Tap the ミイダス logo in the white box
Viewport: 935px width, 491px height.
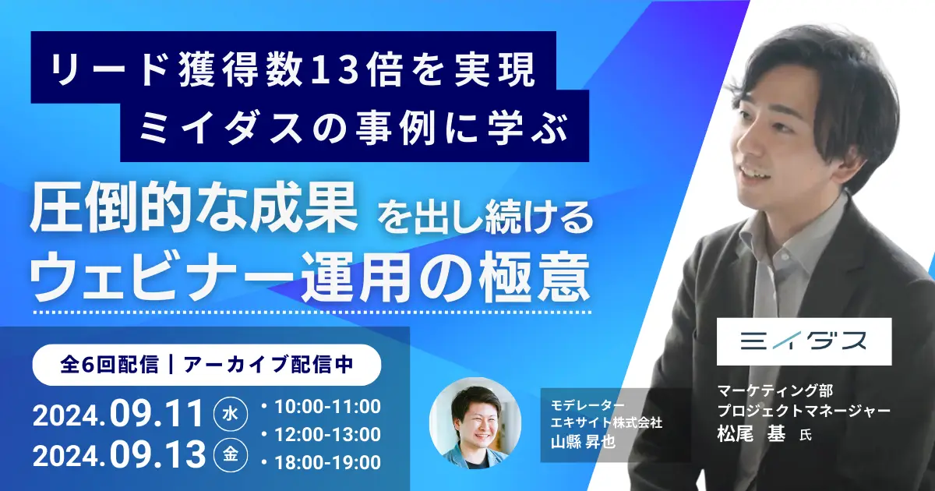click(x=803, y=341)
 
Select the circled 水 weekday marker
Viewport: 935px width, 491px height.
click(x=231, y=414)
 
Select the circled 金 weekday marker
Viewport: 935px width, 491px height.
click(x=231, y=454)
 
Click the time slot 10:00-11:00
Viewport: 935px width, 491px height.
click(x=328, y=407)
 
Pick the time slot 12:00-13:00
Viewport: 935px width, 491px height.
click(x=328, y=435)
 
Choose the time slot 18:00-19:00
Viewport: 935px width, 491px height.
click(x=328, y=463)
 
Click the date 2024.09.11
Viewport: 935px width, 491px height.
click(x=119, y=414)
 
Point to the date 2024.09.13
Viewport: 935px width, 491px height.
click(x=119, y=454)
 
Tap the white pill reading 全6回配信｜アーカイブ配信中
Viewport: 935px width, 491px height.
click(x=206, y=365)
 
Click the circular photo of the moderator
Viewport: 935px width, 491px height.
click(x=475, y=423)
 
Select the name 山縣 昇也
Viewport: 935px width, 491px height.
click(x=583, y=442)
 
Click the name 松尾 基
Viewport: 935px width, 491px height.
click(x=751, y=433)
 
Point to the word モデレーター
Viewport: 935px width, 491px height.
click(x=587, y=404)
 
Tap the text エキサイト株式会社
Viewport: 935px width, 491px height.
click(x=606, y=422)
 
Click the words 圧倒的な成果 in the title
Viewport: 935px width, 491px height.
click(x=194, y=208)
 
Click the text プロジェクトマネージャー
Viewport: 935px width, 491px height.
click(x=804, y=411)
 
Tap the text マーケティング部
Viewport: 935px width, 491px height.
click(x=775, y=390)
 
